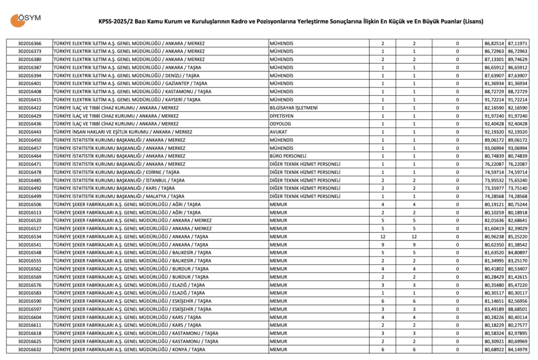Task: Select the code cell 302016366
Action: (29, 43)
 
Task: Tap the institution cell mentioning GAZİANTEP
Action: (127, 84)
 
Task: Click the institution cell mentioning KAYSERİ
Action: (124, 99)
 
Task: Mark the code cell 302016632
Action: (29, 349)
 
